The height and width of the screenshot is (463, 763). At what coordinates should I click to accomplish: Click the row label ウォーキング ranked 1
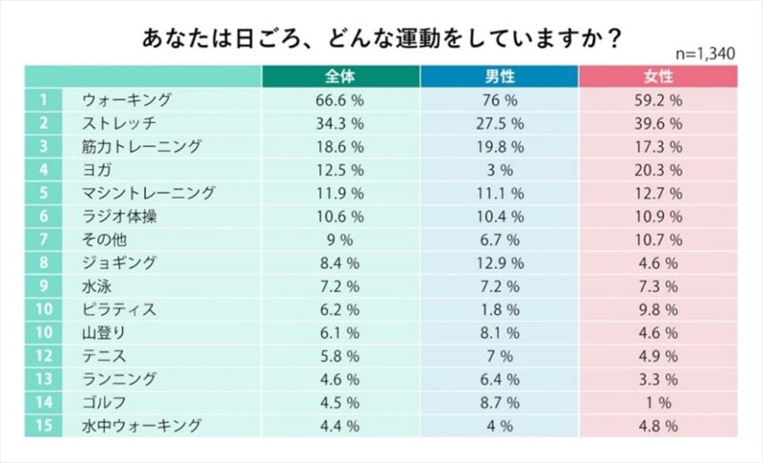pos(127,100)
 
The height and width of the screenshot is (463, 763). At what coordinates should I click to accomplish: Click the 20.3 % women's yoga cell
pos(658,170)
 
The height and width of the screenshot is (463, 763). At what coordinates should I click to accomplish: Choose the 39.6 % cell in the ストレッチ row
pos(658,123)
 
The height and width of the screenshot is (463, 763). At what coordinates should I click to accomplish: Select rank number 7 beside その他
pos(43,240)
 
